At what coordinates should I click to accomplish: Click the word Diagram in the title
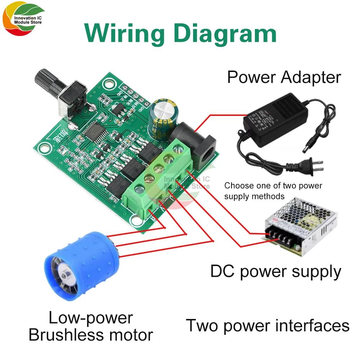223,33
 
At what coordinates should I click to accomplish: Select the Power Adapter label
284,77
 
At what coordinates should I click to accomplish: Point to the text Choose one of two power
273,186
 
